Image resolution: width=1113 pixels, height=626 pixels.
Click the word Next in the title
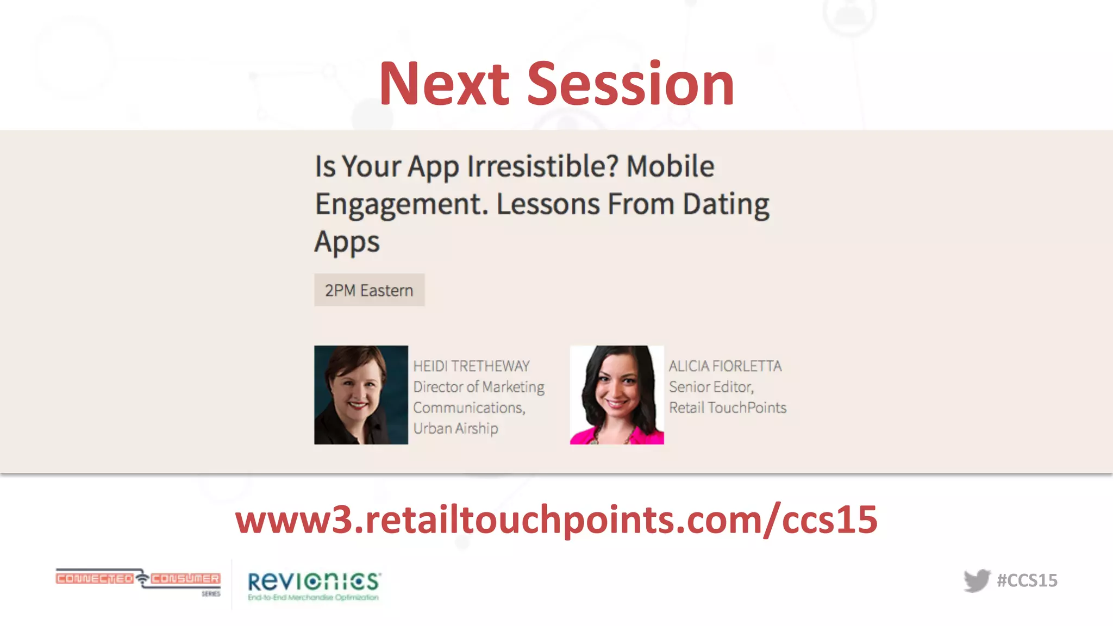point(444,84)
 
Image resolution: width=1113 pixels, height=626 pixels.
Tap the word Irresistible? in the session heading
point(542,166)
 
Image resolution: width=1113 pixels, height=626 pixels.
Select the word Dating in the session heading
point(726,204)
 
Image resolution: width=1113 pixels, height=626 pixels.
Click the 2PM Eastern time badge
point(369,290)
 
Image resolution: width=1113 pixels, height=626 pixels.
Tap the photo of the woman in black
point(361,395)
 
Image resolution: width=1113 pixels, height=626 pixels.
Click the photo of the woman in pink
point(617,395)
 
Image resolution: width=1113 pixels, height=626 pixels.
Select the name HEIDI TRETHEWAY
point(471,366)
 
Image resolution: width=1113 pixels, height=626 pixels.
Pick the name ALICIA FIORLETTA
point(725,366)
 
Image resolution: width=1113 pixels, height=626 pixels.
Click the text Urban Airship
point(455,428)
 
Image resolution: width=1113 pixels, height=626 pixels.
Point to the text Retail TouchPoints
point(728,408)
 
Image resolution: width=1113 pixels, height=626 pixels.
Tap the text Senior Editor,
point(711,387)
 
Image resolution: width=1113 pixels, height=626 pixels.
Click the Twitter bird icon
point(977,580)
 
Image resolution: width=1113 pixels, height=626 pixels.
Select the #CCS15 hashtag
point(1027,580)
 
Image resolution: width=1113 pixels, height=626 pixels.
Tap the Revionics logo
point(314,585)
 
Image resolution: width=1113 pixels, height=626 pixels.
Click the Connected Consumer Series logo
point(138,580)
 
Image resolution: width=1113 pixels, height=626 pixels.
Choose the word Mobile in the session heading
point(670,166)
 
